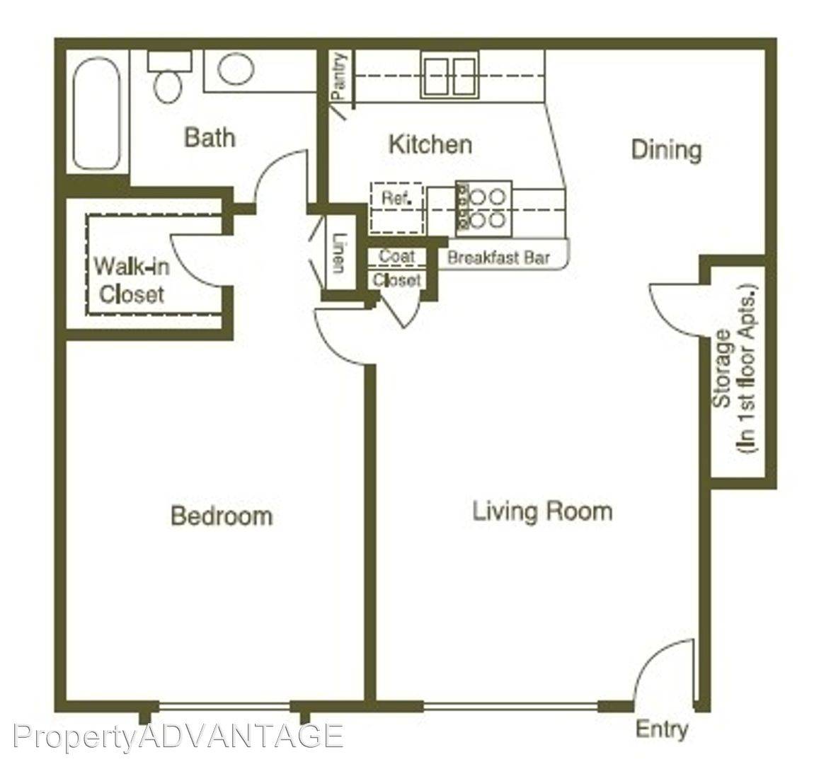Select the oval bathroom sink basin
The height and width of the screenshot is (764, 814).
coord(236,69)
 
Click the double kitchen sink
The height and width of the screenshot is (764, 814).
coord(449,76)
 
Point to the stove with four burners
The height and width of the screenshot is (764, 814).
coord(483,209)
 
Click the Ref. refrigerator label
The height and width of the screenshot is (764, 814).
coord(396,197)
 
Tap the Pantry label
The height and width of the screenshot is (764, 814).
coord(338,76)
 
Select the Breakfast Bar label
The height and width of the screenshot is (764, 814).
coord(498,257)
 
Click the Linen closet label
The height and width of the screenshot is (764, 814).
coord(338,253)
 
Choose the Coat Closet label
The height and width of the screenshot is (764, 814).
coord(397,268)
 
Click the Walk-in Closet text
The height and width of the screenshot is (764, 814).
coord(132,281)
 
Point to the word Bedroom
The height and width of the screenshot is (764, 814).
coord(222,516)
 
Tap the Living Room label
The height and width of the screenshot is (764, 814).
coord(542,511)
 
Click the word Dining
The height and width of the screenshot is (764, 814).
coord(667,150)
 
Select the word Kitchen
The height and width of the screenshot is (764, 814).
coord(431,144)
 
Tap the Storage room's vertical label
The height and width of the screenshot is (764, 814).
coord(735,369)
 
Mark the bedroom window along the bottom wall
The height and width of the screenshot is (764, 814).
coord(224,706)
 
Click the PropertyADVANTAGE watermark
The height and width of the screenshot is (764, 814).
coord(178,736)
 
